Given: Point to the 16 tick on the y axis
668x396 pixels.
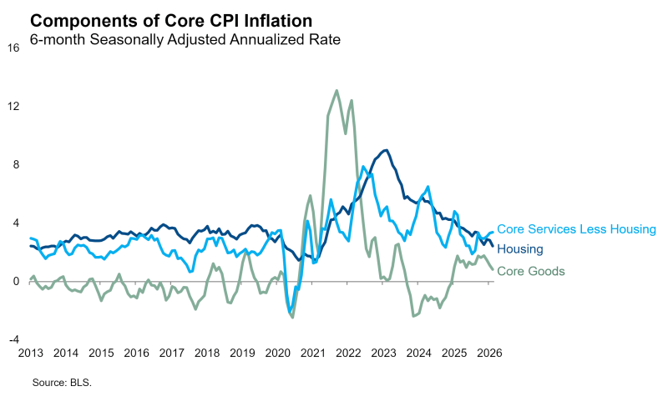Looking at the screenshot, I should coord(13,48).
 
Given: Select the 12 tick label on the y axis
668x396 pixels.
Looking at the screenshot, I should coord(13,106).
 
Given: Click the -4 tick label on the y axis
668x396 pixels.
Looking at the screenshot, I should coord(13,339).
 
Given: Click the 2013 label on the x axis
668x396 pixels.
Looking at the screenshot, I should coord(30,353).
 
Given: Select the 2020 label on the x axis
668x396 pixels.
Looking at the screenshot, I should coord(276,353).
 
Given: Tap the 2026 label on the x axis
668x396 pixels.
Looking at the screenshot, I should coord(488,353).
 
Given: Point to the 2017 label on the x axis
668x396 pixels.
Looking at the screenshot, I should coord(171,353).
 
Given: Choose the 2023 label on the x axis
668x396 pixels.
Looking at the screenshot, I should coord(382,353).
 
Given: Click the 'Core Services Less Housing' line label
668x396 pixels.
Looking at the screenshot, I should coord(577,229).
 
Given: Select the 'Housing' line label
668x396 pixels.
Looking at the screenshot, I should coord(520,249).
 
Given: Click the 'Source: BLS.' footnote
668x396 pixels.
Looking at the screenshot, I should coord(61,383).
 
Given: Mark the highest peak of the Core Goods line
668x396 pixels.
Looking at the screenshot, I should coord(337,91).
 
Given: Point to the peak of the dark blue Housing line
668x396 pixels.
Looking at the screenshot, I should coord(384,150).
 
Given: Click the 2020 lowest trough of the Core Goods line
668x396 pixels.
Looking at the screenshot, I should coord(292,317).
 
